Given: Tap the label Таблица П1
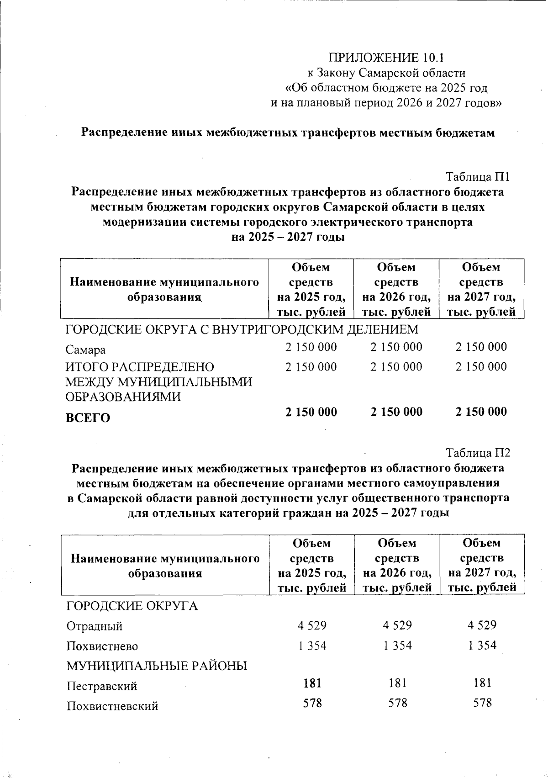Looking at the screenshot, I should (x=477, y=177).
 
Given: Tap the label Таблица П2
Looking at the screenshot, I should (x=477, y=453).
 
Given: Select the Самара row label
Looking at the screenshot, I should (x=85, y=350).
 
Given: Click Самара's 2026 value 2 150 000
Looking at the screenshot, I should (x=396, y=347).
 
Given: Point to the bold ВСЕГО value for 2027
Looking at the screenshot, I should (x=481, y=412).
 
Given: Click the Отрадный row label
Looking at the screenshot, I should (x=95, y=626).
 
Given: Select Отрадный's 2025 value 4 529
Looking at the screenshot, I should (x=312, y=625).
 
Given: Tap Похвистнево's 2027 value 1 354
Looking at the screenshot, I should (x=482, y=645).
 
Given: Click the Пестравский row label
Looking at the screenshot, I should (x=101, y=686).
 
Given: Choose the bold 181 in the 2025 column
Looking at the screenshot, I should (x=312, y=683).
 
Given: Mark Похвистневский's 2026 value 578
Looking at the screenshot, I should (x=397, y=703).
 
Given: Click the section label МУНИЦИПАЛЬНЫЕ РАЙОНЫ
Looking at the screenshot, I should (x=157, y=666).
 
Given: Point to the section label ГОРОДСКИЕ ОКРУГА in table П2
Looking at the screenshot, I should (x=132, y=606).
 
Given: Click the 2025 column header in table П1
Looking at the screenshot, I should (x=311, y=290).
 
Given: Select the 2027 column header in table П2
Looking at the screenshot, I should (x=482, y=565).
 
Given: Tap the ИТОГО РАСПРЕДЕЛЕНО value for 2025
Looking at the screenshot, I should (x=311, y=367).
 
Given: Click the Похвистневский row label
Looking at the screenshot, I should (x=112, y=706).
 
